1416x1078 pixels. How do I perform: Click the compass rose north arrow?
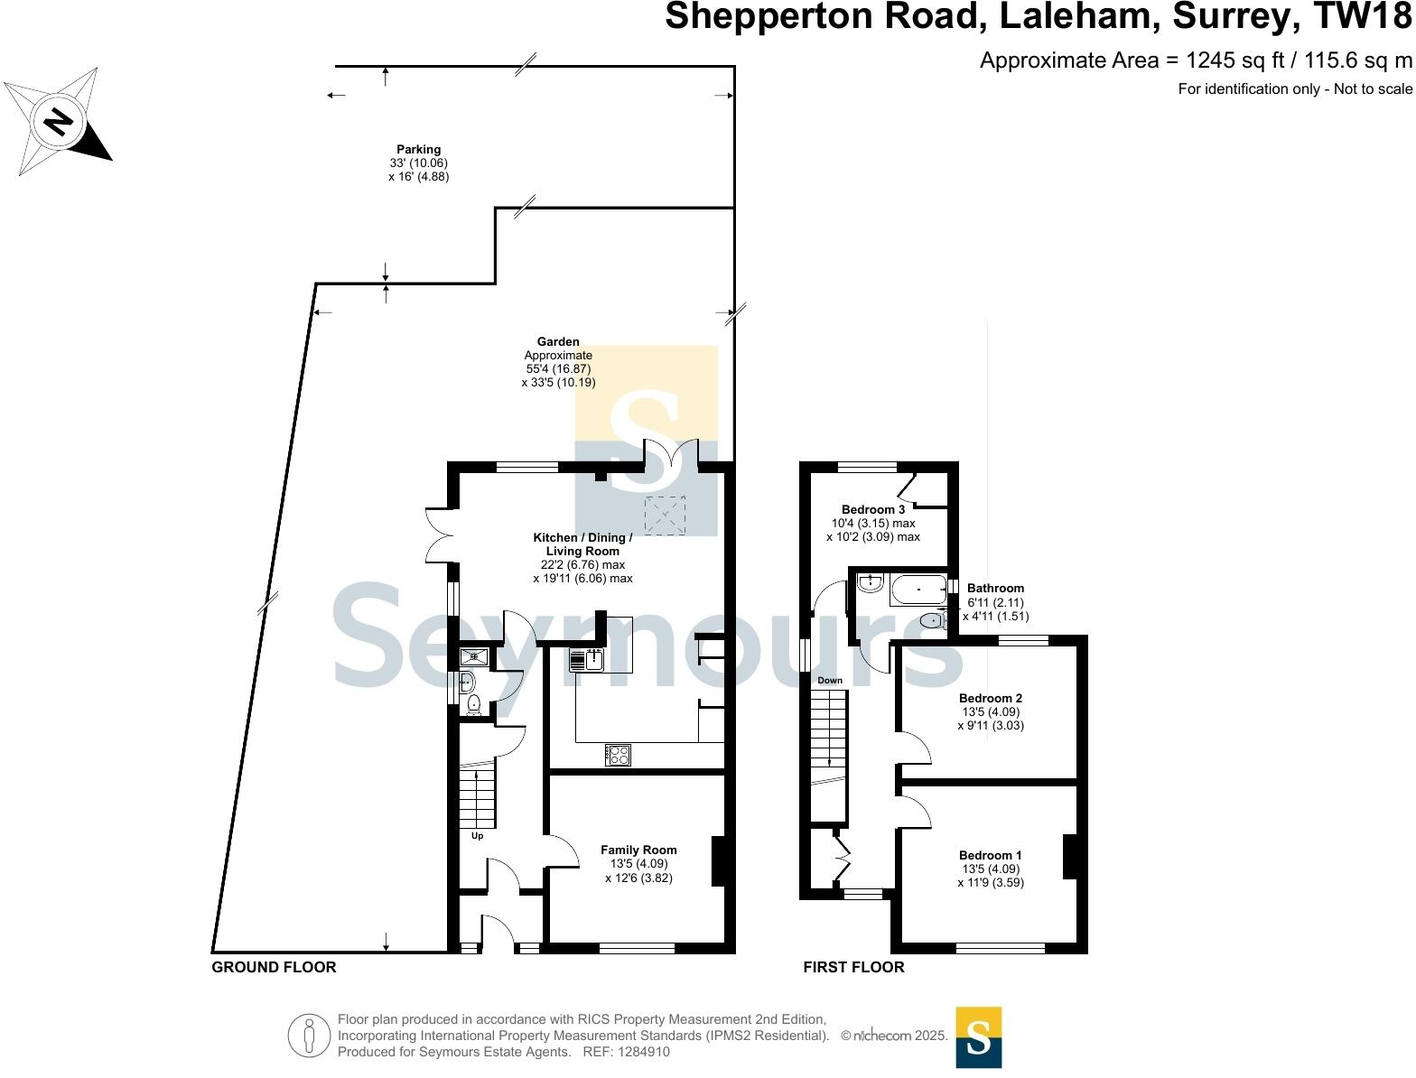pos(60,121)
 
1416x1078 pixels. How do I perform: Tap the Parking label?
pos(418,150)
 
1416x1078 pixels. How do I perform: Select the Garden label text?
pos(558,342)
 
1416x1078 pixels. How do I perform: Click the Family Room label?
pos(638,850)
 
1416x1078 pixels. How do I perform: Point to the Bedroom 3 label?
pos(872,510)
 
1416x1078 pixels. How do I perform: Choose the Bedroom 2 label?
pos(990,699)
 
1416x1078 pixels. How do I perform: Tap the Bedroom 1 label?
pos(990,856)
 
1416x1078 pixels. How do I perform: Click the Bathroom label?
pos(995,589)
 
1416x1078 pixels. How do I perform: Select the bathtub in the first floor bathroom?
pos(918,590)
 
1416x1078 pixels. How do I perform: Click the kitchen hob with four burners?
pos(618,755)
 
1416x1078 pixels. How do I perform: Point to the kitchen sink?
pos(587,661)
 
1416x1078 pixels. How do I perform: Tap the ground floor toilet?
pos(473,702)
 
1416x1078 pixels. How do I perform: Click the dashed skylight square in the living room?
pos(664,516)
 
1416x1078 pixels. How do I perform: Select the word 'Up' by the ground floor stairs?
pos(477,836)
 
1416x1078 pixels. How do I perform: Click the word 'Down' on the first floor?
pos(829,681)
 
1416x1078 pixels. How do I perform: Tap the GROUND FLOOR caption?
pos(274,968)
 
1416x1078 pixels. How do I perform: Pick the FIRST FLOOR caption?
pos(853,968)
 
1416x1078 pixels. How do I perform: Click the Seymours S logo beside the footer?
pos(978,1037)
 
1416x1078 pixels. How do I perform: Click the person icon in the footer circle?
pos(310,1036)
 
